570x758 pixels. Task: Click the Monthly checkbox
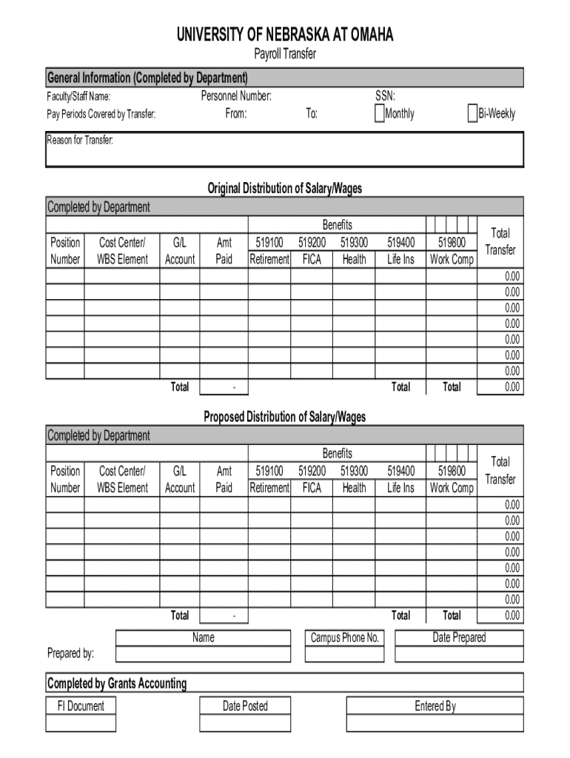pos(380,113)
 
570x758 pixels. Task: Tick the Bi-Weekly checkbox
pos(472,113)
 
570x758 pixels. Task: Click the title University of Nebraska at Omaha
pos(285,36)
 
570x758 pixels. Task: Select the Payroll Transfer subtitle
pos(285,54)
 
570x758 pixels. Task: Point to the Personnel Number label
pos(236,96)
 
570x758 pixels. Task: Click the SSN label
pos(385,96)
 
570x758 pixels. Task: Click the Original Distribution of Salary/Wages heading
pos(285,189)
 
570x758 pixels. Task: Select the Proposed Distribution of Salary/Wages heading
pos(285,417)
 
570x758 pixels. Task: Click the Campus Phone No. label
pos(345,637)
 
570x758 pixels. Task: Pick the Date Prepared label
pos(459,637)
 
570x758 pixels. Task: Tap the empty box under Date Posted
pos(245,723)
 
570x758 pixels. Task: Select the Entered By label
pos(435,706)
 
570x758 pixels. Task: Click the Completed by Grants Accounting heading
pos(117,683)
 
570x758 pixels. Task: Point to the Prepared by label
pos(70,654)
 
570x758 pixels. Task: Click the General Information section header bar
pos(285,78)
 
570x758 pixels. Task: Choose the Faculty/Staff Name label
pos(79,96)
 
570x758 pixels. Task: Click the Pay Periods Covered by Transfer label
pos(101,114)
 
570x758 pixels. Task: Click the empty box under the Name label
pos(203,654)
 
